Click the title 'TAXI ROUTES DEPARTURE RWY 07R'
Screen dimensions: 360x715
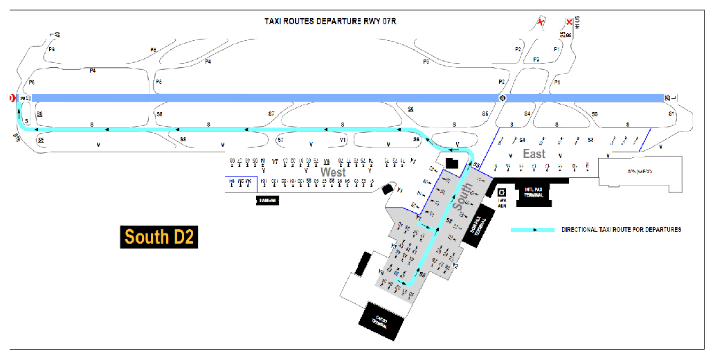click(x=330, y=21)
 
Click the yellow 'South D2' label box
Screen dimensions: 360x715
click(x=159, y=237)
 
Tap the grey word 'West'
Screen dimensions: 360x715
click(x=334, y=172)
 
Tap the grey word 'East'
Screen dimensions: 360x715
click(x=534, y=154)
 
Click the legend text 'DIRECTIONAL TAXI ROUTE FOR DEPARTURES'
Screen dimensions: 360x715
click(x=621, y=230)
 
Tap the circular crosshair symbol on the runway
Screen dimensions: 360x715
click(x=503, y=98)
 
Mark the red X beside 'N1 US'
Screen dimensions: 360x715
click(x=569, y=22)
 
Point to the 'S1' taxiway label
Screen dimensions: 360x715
click(x=670, y=113)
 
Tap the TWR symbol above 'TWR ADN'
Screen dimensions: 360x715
click(x=503, y=193)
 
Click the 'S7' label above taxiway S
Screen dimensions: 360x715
click(x=271, y=113)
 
